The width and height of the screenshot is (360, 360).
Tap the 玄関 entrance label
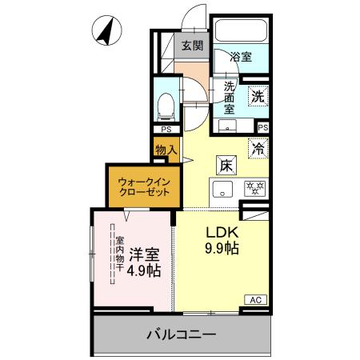[x=190, y=46]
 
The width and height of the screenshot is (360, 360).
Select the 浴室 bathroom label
[x=240, y=57]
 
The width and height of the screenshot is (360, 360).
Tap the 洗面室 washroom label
[x=230, y=97]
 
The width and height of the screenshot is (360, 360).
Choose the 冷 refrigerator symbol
[x=258, y=147]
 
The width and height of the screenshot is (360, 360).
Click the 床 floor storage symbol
[x=227, y=166]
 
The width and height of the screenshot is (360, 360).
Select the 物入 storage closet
[x=166, y=150]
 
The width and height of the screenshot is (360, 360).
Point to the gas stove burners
[x=254, y=190]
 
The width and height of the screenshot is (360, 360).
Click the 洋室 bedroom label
[x=144, y=253]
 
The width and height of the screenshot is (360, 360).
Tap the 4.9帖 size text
[x=144, y=270]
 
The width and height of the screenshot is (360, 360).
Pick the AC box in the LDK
[x=256, y=299]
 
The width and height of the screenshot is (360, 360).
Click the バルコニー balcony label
[x=180, y=334]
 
